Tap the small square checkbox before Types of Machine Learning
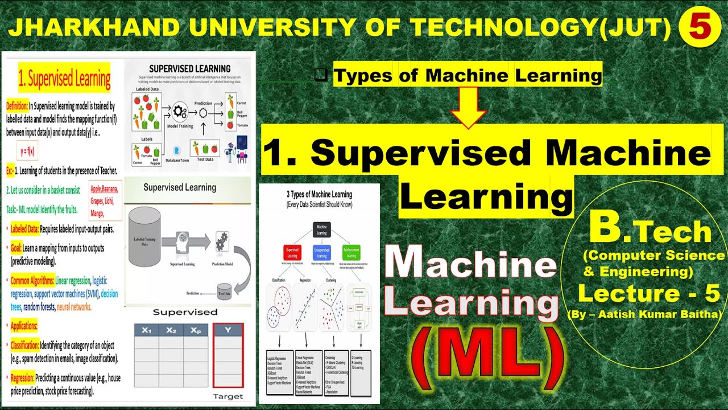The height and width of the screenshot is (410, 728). click(321, 75)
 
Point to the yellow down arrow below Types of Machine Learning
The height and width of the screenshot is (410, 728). click(468, 108)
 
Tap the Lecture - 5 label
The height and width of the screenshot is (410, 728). click(649, 294)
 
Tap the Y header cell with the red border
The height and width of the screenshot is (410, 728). click(227, 330)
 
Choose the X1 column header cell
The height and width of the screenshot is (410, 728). click(146, 330)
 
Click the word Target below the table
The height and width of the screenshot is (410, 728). click(227, 396)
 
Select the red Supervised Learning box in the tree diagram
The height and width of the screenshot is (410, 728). click(292, 252)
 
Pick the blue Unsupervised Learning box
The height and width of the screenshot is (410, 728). click(322, 252)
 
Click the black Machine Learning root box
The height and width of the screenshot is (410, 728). click(322, 229)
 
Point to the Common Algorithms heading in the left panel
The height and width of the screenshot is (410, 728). click(32, 281)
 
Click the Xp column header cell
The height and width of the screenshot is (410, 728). click(195, 330)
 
